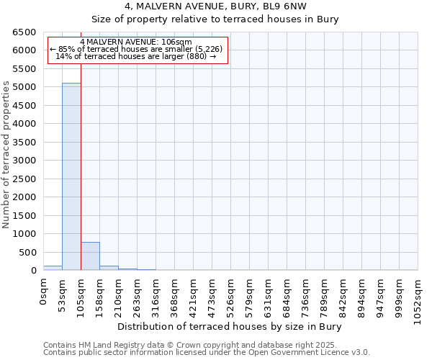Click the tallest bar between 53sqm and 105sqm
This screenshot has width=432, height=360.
[x=71, y=176]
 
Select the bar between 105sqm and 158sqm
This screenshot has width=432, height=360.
[x=90, y=256]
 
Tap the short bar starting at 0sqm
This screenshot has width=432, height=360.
[x=53, y=268]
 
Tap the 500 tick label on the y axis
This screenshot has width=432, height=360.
[x=27, y=252]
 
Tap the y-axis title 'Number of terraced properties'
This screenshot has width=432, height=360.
[x=7, y=155]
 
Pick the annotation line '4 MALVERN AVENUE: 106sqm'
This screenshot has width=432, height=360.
[x=136, y=42]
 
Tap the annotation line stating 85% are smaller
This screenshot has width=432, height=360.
[x=137, y=49]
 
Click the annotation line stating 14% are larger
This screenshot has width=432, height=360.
[x=136, y=56]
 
